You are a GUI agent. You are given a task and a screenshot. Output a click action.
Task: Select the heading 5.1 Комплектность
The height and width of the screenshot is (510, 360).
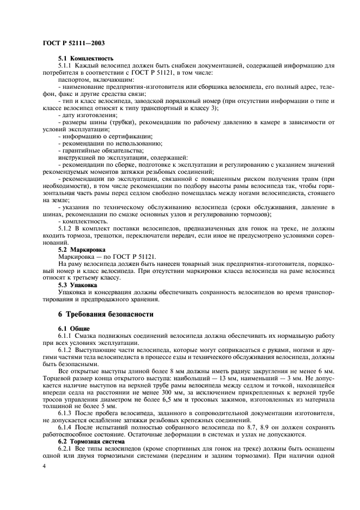[x=86, y=58]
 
